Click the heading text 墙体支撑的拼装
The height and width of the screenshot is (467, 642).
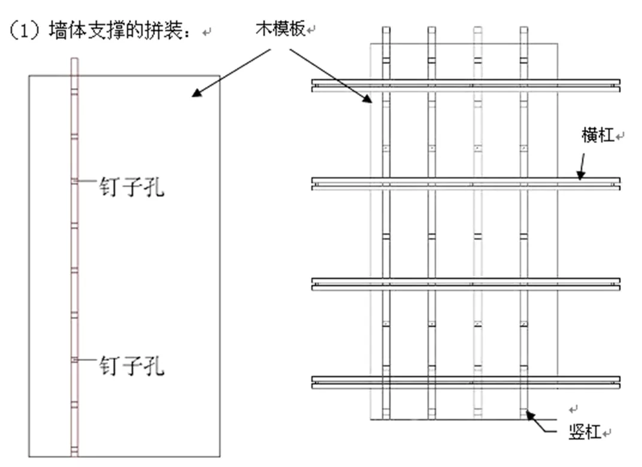coord(120,31)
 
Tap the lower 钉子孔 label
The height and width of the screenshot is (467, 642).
coord(131,365)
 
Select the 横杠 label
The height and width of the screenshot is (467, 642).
coord(598,135)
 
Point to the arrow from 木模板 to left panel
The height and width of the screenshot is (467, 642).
coord(234,72)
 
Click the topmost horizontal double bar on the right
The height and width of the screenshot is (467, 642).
coord(465,86)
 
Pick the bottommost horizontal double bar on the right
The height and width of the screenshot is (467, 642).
coord(465,382)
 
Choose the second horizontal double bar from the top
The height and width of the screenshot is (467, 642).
coord(465,184)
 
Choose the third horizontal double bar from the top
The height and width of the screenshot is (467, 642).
coord(465,284)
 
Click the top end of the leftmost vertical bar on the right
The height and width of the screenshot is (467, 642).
coord(386,30)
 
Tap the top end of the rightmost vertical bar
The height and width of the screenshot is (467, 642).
coord(524,30)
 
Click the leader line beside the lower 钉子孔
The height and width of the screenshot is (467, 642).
coord(87,359)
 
